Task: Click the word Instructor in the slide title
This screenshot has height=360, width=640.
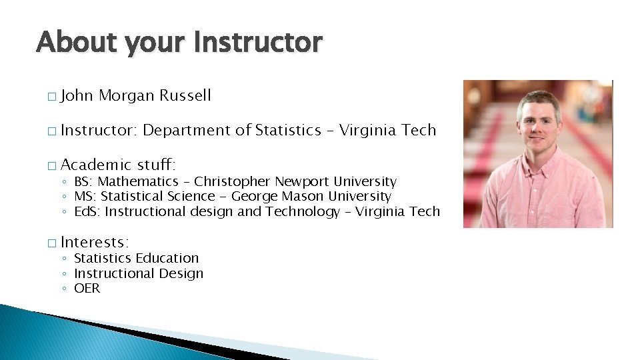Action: click(x=259, y=43)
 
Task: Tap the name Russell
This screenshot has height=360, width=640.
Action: click(x=185, y=96)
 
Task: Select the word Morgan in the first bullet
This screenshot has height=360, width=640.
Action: click(x=127, y=96)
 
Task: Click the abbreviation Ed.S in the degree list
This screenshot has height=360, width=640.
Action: click(x=85, y=212)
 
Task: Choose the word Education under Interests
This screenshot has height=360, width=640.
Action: click(x=167, y=259)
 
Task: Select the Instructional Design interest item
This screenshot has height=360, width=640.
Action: click(x=139, y=273)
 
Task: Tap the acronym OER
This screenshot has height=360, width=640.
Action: click(x=87, y=289)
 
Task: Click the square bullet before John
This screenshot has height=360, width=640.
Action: click(x=51, y=97)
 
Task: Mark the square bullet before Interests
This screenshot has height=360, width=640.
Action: click(x=51, y=243)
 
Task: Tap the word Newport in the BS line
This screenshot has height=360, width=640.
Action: click(x=303, y=182)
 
